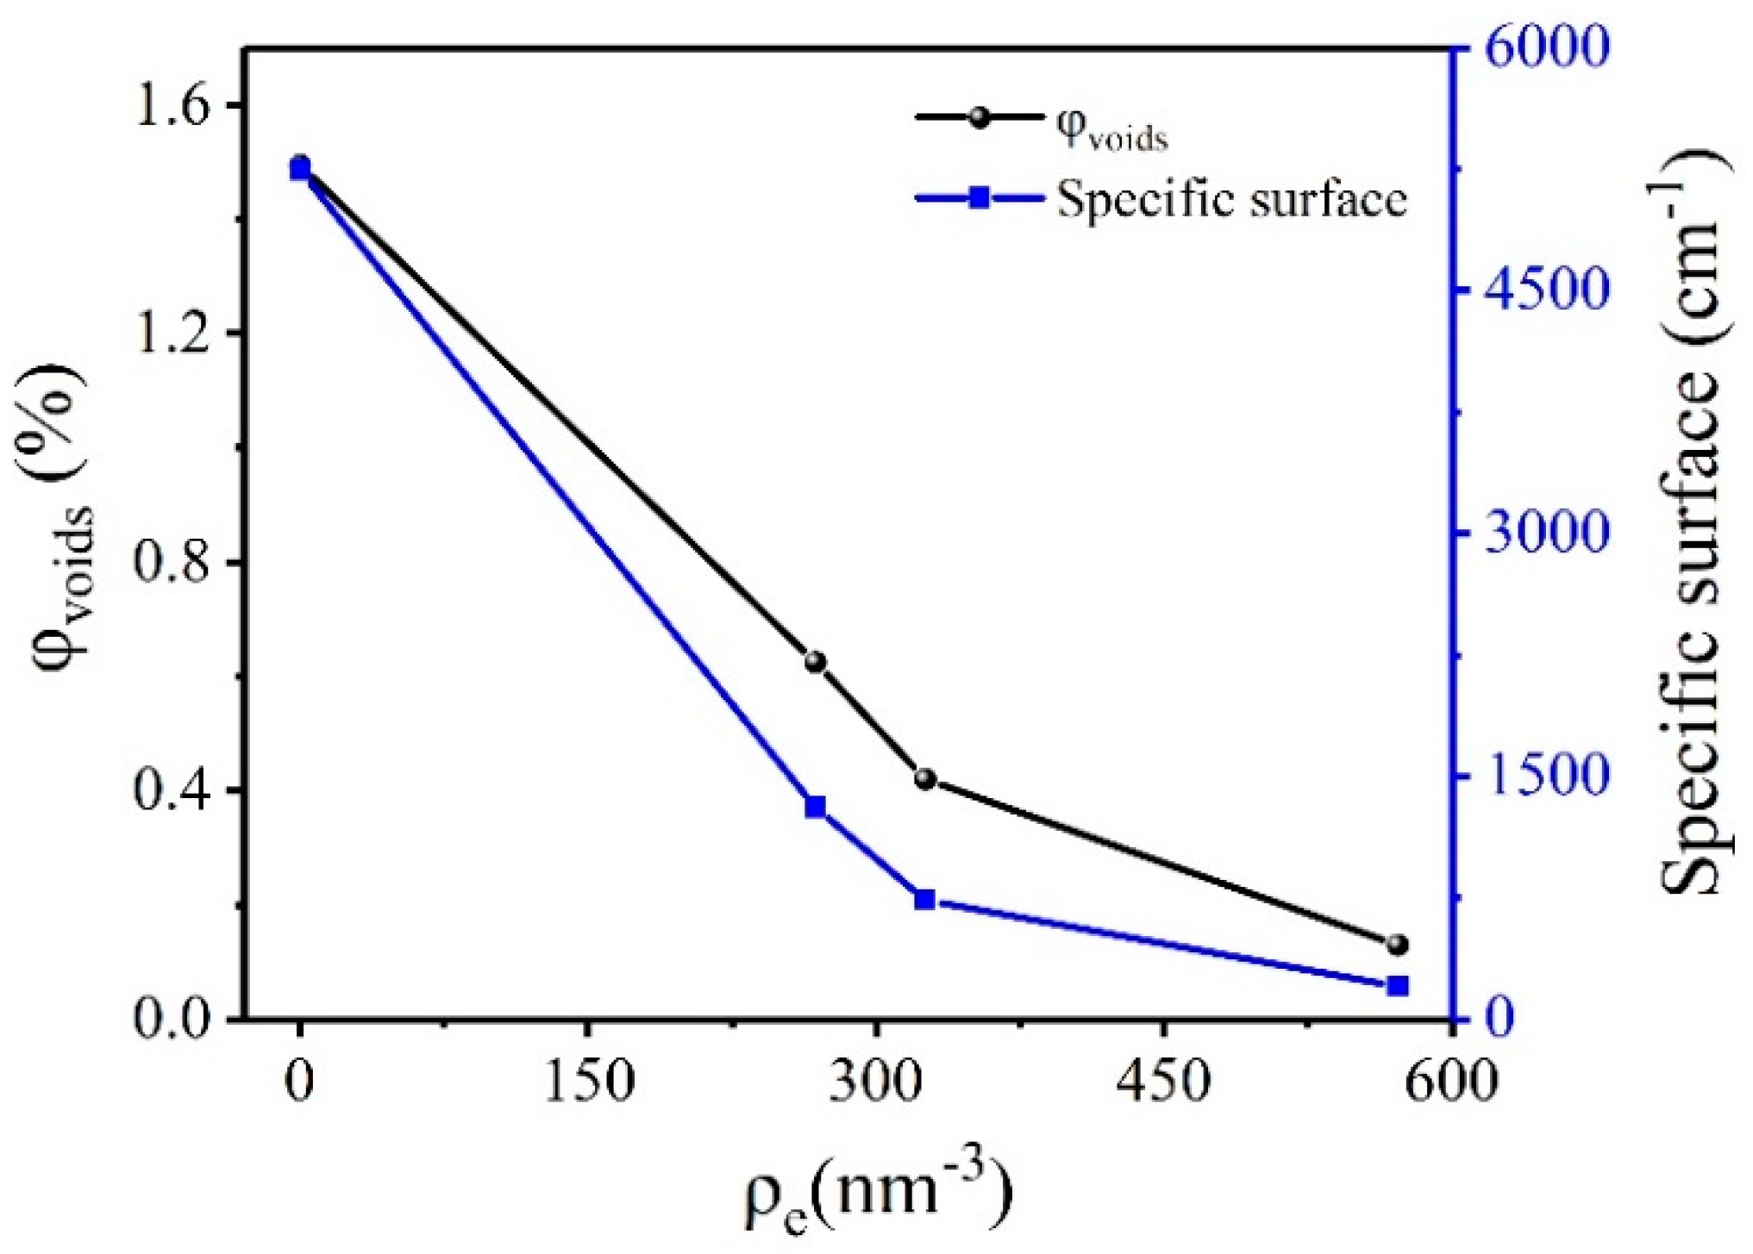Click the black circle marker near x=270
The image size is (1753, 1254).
pyautogui.click(x=815, y=662)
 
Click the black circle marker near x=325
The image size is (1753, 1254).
pyautogui.click(x=925, y=779)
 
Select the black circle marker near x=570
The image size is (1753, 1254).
pyautogui.click(x=1398, y=945)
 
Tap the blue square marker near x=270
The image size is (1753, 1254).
pyautogui.click(x=815, y=807)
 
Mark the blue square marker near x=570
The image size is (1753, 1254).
pyautogui.click(x=1398, y=985)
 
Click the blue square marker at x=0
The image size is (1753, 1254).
pyautogui.click(x=299, y=170)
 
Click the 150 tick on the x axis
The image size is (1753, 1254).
pyautogui.click(x=589, y=1080)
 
